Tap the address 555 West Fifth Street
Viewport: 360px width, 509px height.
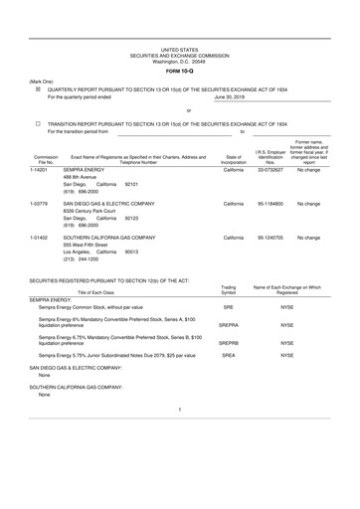pyautogui.click(x=87, y=246)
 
